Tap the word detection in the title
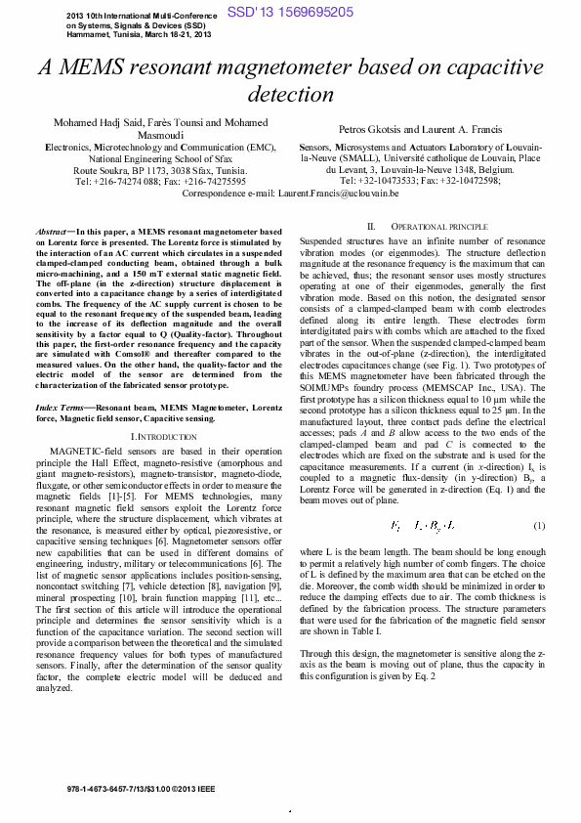click(x=290, y=95)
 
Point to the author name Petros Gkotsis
click(x=371, y=129)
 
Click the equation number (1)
click(x=537, y=527)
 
